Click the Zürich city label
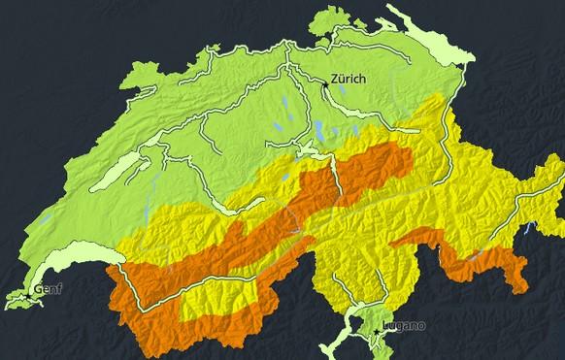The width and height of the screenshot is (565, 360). click(x=348, y=79)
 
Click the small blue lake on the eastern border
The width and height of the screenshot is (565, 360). click(x=528, y=230)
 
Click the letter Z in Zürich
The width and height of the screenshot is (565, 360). click(x=334, y=79)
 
